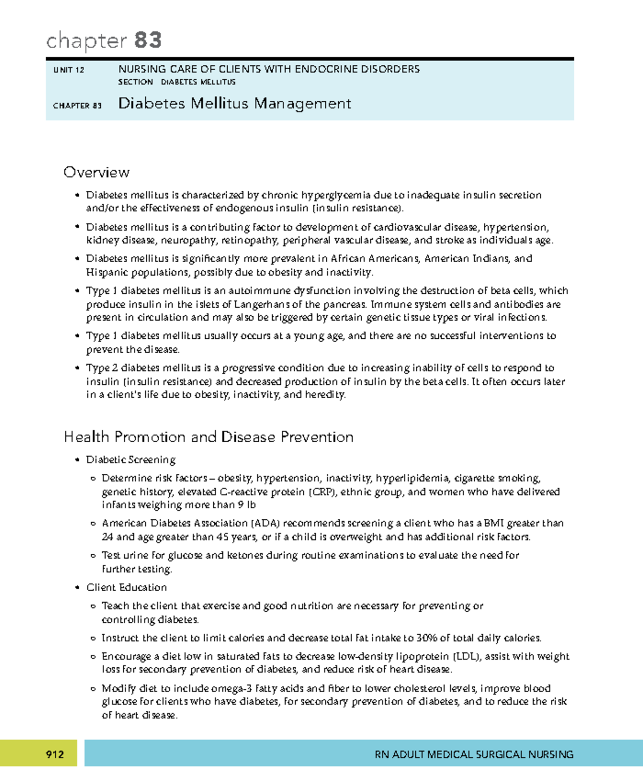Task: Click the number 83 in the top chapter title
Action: point(148,41)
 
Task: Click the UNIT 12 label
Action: point(69,70)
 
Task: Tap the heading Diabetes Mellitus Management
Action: point(234,103)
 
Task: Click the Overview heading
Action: point(96,172)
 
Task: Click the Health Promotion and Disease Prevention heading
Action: point(208,437)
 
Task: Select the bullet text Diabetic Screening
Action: point(131,460)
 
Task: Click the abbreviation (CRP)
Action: point(322,492)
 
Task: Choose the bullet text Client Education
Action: point(126,587)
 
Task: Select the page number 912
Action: point(55,755)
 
